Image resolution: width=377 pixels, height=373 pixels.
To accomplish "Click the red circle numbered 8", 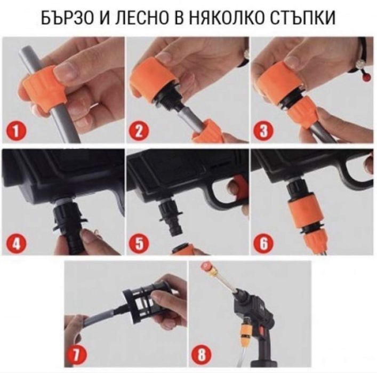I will [203, 354].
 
